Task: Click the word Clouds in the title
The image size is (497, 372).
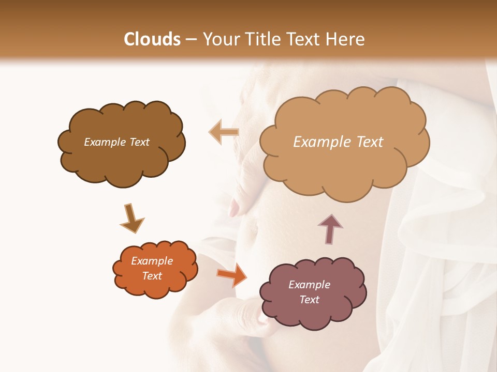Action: tap(152, 39)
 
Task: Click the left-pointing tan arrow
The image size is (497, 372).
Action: tap(224, 132)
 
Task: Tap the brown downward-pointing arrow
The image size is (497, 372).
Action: tap(131, 219)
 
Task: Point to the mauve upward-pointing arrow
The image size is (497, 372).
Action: tap(330, 229)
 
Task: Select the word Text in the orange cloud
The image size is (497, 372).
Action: tap(152, 276)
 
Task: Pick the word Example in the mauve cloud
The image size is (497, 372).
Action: tap(309, 285)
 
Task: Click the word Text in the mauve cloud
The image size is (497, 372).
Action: tap(309, 300)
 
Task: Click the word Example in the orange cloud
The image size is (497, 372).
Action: tap(152, 261)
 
